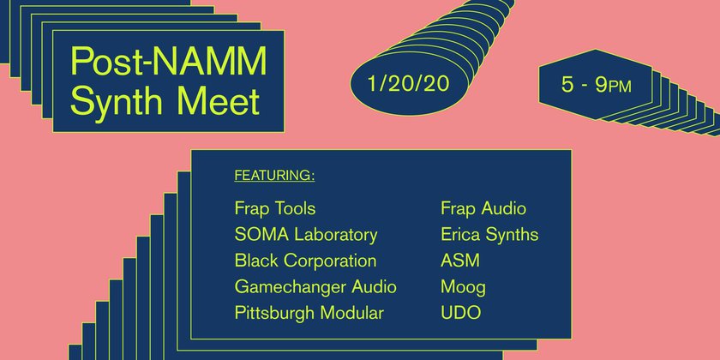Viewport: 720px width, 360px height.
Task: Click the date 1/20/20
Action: [408, 85]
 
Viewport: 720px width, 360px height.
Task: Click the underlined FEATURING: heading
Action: [274, 176]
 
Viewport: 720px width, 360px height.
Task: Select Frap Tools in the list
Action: [275, 209]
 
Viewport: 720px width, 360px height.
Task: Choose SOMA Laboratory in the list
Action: [306, 235]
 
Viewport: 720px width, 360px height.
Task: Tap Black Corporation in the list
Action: [305, 261]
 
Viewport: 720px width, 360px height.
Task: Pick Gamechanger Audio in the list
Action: [315, 287]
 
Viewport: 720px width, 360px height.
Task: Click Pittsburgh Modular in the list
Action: [309, 313]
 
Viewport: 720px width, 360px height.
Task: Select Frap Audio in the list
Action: [483, 209]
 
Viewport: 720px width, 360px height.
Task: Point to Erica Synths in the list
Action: [489, 235]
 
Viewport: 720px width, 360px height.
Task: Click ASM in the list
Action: [460, 261]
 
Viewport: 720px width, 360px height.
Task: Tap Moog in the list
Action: [463, 288]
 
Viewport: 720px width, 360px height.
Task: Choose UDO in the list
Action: [460, 313]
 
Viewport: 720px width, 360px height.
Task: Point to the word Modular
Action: [351, 313]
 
